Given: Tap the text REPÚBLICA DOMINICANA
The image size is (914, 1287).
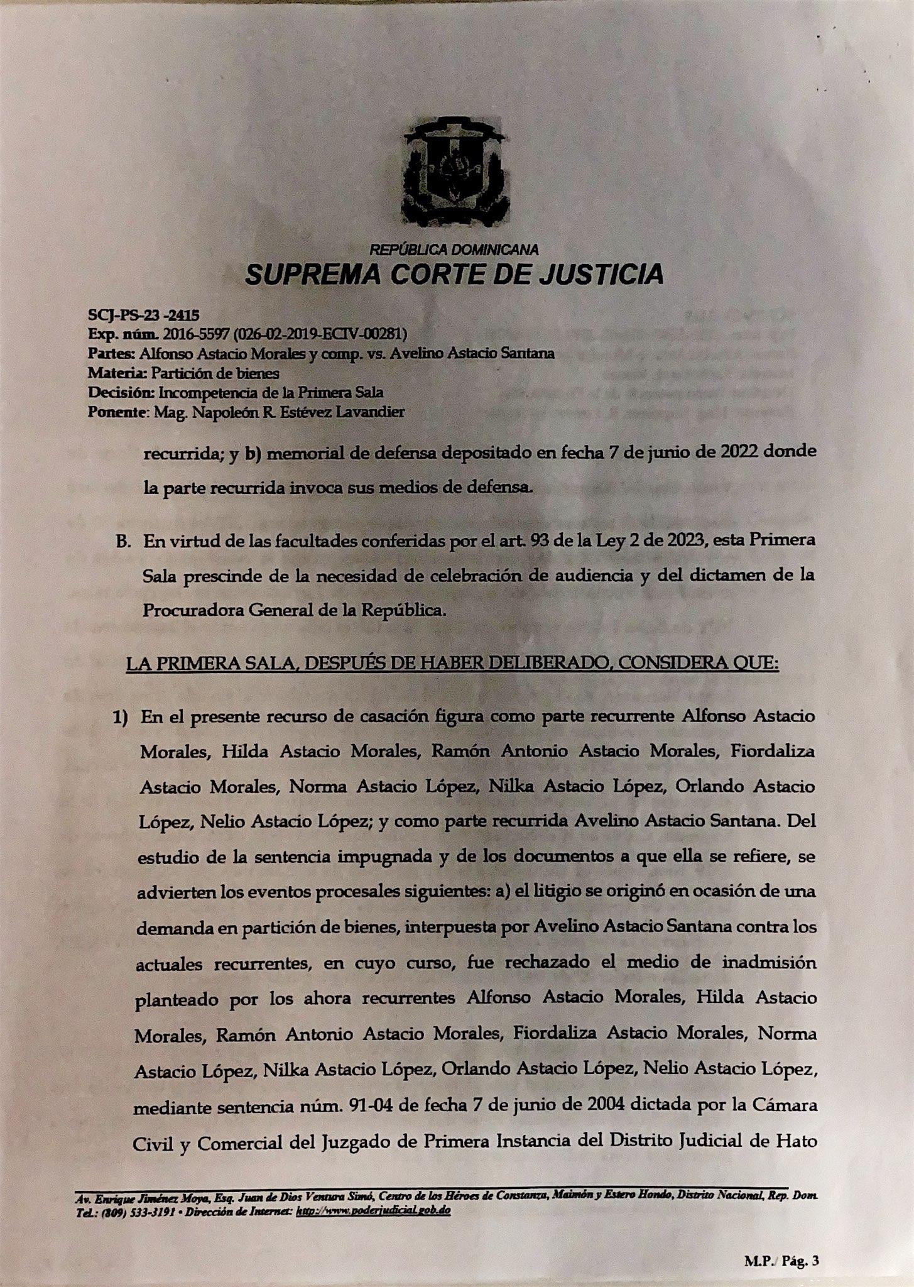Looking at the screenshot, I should point(454,249).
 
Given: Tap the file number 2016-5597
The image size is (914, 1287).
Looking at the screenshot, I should point(189,334).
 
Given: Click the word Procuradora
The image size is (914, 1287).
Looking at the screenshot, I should point(187,610).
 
